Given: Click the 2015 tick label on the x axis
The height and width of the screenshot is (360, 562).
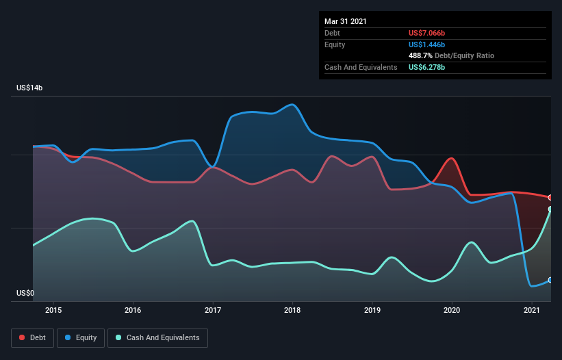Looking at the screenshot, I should (53, 310).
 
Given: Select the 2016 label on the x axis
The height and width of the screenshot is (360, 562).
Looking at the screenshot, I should (133, 310).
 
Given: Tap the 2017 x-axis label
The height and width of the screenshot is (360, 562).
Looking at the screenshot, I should (213, 310).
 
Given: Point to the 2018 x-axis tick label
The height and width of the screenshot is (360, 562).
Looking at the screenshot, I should (292, 310).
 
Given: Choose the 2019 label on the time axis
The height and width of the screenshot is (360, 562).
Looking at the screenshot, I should (372, 310).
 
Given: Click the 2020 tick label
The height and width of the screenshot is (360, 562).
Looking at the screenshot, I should (452, 310).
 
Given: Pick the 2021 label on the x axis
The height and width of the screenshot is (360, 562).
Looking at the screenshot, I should (531, 310).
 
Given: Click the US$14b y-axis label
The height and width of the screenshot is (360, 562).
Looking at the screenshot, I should (30, 88).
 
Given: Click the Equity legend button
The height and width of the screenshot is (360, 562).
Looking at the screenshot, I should (81, 337).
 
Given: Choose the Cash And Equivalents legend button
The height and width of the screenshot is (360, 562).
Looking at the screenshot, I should (157, 337).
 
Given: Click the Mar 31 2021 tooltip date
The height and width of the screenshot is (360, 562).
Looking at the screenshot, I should (346, 21).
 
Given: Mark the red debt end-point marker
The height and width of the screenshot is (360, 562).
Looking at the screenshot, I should (550, 197).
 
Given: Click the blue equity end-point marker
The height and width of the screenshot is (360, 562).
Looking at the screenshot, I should (550, 280).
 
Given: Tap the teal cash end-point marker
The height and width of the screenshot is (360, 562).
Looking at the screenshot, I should (550, 209).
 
